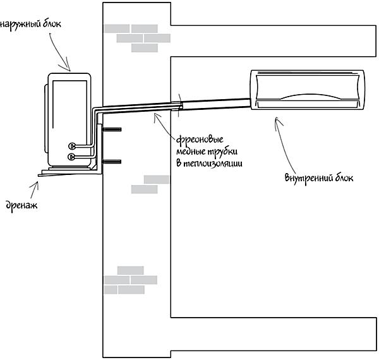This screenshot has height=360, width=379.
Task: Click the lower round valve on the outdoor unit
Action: pyautogui.click(x=71, y=155)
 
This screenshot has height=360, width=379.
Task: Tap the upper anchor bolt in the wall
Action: pyautogui.click(x=111, y=131)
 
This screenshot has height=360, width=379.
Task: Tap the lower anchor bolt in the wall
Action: pyautogui.click(x=111, y=163)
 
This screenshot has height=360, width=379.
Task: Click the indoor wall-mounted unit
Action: pyautogui.click(x=309, y=89)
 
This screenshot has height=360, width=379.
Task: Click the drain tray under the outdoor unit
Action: pyautogui.click(x=66, y=171)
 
